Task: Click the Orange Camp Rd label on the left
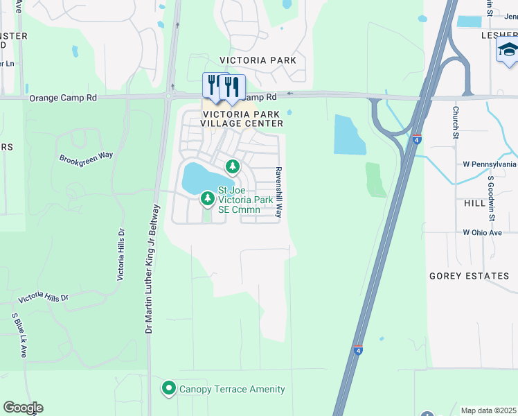pos(63,98)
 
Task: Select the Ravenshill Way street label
pos(279,193)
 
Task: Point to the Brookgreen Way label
pos(86,157)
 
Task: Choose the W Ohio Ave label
pos(482,232)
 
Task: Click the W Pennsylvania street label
pos(489,164)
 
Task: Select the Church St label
pos(456,122)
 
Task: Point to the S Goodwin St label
pos(490,198)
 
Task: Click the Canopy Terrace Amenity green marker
pos(168,389)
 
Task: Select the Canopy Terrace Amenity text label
pos(232,389)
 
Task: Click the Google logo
pos(23,408)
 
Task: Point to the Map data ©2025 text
pos(489,410)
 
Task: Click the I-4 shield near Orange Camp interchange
pos(416,139)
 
